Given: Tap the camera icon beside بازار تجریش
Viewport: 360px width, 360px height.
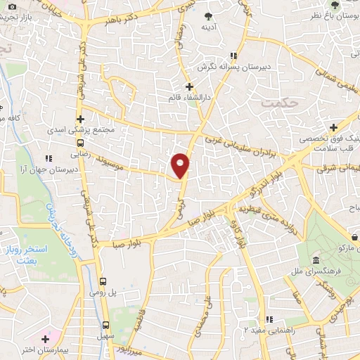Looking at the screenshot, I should click(x=12, y=6).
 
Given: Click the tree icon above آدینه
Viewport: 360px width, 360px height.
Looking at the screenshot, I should click(x=208, y=15).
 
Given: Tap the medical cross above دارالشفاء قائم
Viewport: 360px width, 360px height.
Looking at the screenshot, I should click(x=189, y=86).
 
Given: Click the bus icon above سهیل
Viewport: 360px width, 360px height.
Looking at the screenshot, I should click(x=105, y=325).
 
